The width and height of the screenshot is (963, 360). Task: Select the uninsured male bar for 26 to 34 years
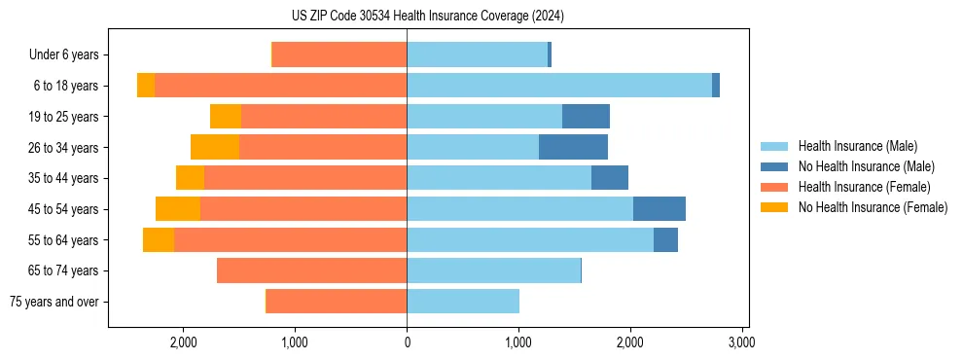tap(573, 147)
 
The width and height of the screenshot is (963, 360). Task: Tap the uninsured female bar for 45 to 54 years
tap(178, 209)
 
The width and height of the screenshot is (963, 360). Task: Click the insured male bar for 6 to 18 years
tap(559, 86)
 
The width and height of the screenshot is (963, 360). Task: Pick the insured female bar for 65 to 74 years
tap(311, 270)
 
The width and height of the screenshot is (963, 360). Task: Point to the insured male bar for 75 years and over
tap(463, 302)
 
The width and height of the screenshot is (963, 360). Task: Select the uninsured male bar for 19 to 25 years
tap(586, 117)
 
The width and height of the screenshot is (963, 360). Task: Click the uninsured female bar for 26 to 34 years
tap(215, 147)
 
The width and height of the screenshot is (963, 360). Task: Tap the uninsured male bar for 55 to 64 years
tap(665, 239)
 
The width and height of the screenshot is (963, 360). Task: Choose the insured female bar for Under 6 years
tap(339, 54)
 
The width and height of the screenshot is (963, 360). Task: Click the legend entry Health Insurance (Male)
tap(857, 146)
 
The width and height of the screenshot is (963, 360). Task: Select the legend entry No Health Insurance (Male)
tap(866, 166)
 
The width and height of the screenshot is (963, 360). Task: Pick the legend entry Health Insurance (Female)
tap(864, 187)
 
